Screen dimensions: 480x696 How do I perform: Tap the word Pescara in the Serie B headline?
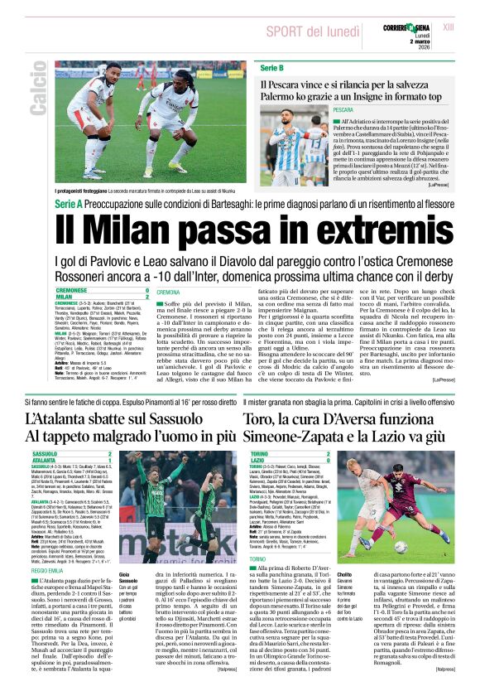pos(290,84)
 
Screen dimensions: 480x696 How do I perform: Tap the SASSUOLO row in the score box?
pos(45,454)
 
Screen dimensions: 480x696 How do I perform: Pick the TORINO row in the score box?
pos(259,454)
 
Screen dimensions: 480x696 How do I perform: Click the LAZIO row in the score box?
pos(257,460)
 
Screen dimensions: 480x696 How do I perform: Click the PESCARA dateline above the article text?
pos(343,109)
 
